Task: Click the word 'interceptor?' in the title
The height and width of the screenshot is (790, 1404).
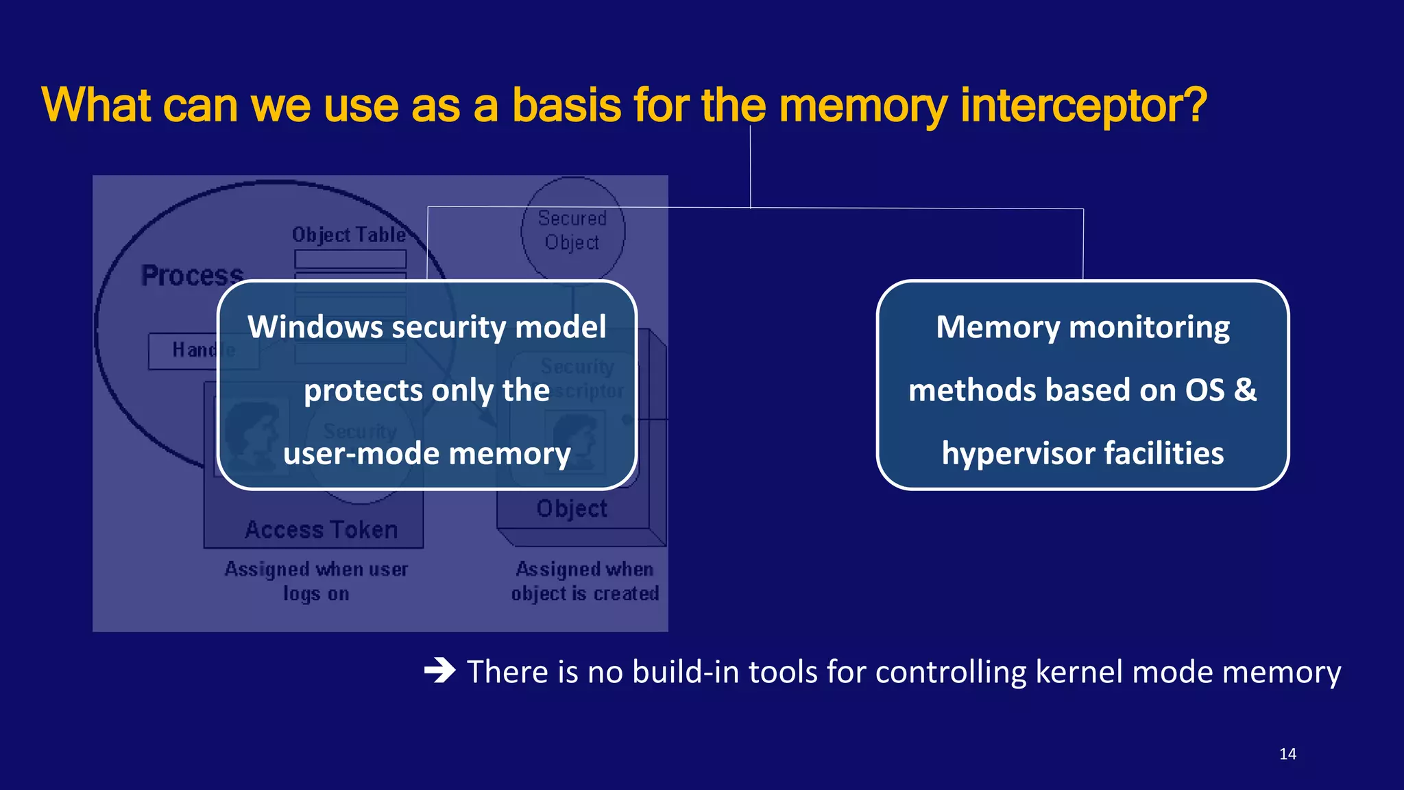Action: (1083, 106)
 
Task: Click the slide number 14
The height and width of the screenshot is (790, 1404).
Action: (1287, 754)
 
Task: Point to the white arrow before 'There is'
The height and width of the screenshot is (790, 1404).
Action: (439, 670)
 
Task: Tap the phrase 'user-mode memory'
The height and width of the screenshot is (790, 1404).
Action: (426, 454)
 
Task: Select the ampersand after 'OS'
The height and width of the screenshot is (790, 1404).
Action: (1245, 390)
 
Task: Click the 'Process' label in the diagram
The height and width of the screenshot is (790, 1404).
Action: (193, 276)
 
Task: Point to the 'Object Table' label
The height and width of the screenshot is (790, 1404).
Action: (349, 235)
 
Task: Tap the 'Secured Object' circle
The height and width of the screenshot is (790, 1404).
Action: (572, 230)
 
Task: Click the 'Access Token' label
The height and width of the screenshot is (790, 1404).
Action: (322, 530)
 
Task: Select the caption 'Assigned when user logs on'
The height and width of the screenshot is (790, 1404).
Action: (316, 581)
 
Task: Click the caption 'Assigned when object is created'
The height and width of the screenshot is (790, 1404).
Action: (585, 581)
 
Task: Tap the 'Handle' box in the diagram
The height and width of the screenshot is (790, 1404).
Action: (185, 350)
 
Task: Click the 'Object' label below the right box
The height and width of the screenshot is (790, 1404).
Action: (572, 509)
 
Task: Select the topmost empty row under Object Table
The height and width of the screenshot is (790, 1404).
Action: (350, 259)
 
